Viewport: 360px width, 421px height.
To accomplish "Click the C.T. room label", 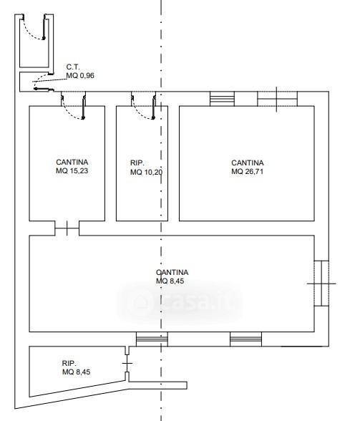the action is coord(73,67).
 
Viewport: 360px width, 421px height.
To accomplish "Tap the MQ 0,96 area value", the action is coord(80,75).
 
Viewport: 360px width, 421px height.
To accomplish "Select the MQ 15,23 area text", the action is coord(72,170).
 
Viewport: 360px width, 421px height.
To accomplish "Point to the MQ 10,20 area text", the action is coord(146,172).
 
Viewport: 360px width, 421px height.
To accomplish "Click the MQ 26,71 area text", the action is coord(247,171).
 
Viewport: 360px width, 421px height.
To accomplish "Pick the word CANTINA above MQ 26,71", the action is coord(248,163).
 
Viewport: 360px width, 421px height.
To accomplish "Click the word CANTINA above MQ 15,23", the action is coord(72,162).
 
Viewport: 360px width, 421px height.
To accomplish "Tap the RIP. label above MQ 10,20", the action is coord(137,163).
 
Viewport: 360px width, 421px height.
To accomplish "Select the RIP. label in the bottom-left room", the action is coord(69,363).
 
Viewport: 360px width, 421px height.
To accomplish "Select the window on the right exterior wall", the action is coord(321,284).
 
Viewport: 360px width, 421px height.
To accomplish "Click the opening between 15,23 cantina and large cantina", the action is coord(67,228).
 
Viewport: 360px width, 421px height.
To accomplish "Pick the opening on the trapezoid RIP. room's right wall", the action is coord(127,363).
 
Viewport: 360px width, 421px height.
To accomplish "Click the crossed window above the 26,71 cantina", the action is coord(277,99).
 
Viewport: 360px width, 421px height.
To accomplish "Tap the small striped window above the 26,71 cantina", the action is coord(222,99).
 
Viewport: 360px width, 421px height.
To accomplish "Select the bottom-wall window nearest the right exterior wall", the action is coord(245,339).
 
